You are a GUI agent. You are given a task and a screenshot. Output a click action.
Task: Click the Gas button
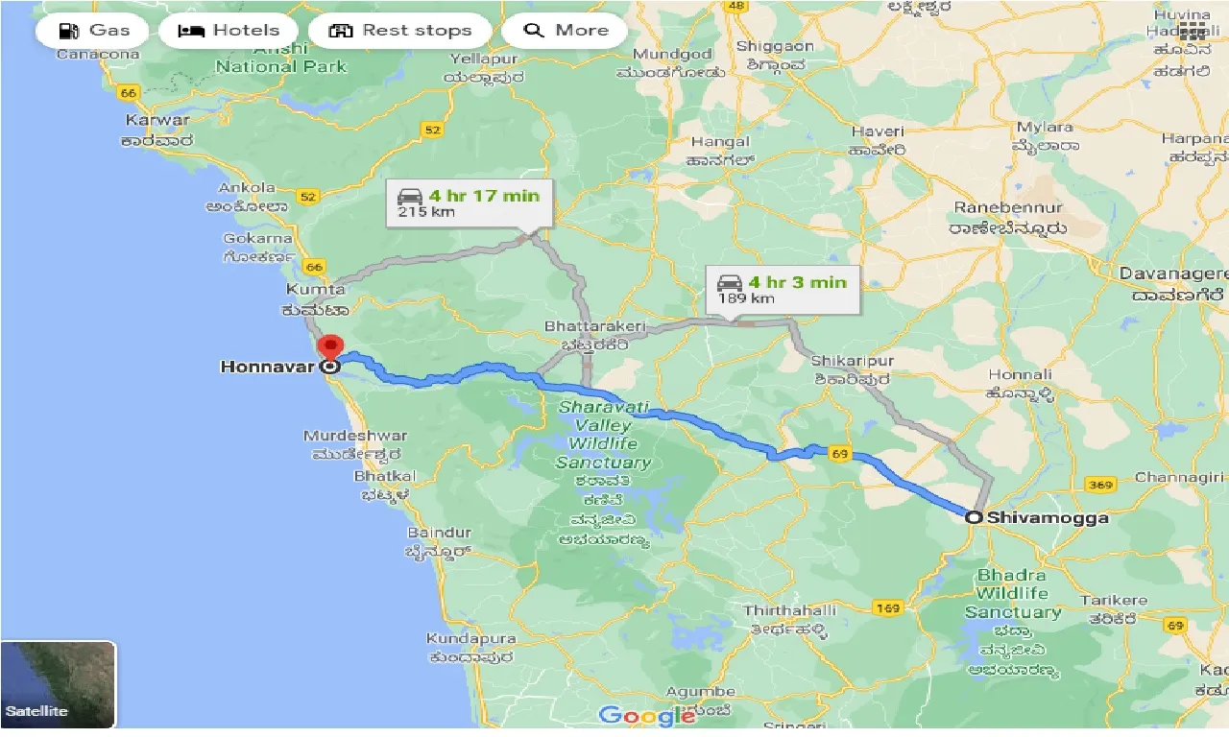(94, 31)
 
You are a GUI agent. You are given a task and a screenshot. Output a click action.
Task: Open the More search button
(566, 31)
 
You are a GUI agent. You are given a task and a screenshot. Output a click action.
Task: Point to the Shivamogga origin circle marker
(974, 517)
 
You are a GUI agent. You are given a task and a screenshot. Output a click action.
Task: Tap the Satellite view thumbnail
(59, 683)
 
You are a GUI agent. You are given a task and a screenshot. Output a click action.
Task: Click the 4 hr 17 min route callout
(470, 202)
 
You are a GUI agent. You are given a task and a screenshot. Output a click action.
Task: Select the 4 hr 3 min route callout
(783, 289)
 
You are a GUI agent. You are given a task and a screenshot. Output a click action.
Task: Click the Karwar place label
(157, 121)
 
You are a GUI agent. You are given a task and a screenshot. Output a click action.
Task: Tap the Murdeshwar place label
(355, 436)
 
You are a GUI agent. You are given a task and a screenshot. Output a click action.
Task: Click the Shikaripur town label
(852, 361)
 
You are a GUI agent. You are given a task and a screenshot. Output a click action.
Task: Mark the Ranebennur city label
(1008, 208)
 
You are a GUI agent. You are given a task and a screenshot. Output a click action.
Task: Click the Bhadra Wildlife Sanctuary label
(1012, 594)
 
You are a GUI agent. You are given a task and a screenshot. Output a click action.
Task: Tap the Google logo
(646, 715)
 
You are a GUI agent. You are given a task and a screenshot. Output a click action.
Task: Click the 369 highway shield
(1101, 486)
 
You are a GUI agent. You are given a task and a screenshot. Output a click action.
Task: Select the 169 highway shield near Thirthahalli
(886, 607)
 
